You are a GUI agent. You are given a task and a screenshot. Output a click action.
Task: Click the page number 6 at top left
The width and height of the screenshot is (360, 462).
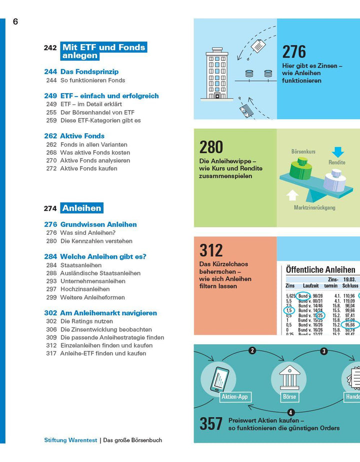tap(15, 22)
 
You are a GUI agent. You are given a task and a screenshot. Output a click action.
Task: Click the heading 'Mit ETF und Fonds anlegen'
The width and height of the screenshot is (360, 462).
tap(103, 52)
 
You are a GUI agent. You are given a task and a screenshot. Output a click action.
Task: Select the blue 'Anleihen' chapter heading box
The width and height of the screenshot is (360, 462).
tap(81, 208)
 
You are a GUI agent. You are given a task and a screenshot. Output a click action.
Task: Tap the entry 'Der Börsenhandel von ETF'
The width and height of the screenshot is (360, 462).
tap(97, 113)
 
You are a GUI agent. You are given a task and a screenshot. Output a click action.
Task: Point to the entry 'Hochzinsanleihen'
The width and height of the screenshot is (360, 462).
tap(84, 289)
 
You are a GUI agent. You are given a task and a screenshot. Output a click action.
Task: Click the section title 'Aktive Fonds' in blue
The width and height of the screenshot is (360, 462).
tap(82, 136)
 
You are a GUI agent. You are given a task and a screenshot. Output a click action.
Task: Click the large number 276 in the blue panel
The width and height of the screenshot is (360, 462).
tap(294, 52)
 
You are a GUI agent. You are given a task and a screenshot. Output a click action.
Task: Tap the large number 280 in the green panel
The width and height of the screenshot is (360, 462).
tap(211, 147)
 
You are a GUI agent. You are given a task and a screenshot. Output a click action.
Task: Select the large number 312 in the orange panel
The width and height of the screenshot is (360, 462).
tap(211, 250)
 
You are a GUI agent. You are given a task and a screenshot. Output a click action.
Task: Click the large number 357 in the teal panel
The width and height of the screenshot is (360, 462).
tap(211, 423)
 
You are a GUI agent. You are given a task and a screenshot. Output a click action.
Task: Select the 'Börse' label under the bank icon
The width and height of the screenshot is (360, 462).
tap(289, 396)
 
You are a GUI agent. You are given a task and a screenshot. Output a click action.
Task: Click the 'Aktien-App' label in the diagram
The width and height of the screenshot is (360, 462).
tap(234, 397)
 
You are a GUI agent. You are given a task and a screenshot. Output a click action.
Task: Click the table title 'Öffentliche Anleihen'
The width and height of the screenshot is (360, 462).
tap(320, 270)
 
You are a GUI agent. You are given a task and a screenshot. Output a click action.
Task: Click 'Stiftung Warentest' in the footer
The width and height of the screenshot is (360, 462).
tap(70, 440)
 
